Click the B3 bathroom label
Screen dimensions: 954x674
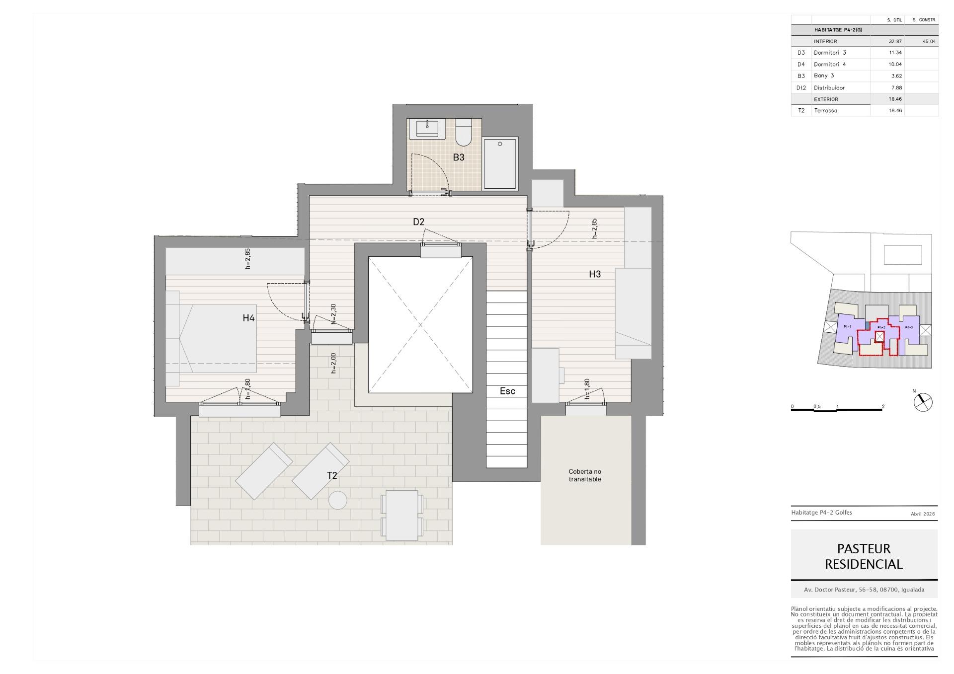458,157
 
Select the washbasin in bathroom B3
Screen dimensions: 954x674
427,129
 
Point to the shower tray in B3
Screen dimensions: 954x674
500,164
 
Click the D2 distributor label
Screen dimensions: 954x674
418,222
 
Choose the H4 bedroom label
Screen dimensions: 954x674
248,318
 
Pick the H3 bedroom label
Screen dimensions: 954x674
595,274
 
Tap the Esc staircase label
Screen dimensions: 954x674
507,391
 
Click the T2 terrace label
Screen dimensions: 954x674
332,475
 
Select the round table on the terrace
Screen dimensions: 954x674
338,500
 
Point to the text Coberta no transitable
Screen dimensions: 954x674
585,475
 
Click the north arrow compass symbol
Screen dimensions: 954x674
923,402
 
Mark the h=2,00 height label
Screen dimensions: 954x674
333,363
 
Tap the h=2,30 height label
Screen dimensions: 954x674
333,314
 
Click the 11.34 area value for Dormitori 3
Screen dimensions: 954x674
895,53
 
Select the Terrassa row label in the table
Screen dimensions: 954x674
825,111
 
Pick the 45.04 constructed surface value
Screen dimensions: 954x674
929,42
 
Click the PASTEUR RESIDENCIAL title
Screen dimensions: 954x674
864,556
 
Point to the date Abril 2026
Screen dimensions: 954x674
923,514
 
